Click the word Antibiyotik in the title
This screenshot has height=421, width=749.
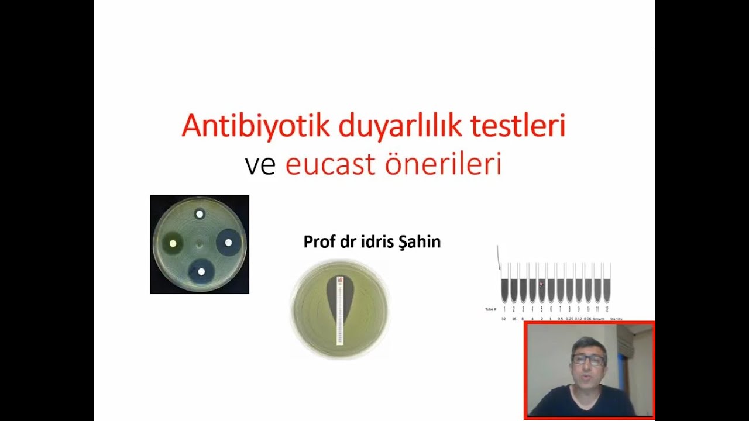pyautogui.click(x=255, y=126)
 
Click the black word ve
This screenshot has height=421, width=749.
pyautogui.click(x=260, y=165)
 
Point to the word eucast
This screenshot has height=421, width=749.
pyautogui.click(x=330, y=165)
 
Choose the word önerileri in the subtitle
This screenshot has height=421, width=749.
pyautogui.click(x=443, y=165)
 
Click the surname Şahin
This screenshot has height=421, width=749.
pyautogui.click(x=418, y=242)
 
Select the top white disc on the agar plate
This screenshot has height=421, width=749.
pyautogui.click(x=200, y=214)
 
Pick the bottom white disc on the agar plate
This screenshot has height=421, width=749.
pyautogui.click(x=201, y=271)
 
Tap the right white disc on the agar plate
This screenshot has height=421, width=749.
pyautogui.click(x=228, y=242)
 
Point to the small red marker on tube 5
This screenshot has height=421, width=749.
pyautogui.click(x=541, y=284)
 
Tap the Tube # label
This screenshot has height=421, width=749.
pyautogui.click(x=490, y=309)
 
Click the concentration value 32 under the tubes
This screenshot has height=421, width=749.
pyautogui.click(x=503, y=319)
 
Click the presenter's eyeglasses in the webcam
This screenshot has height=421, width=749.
pyautogui.click(x=589, y=360)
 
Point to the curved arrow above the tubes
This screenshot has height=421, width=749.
pyautogui.click(x=499, y=257)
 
